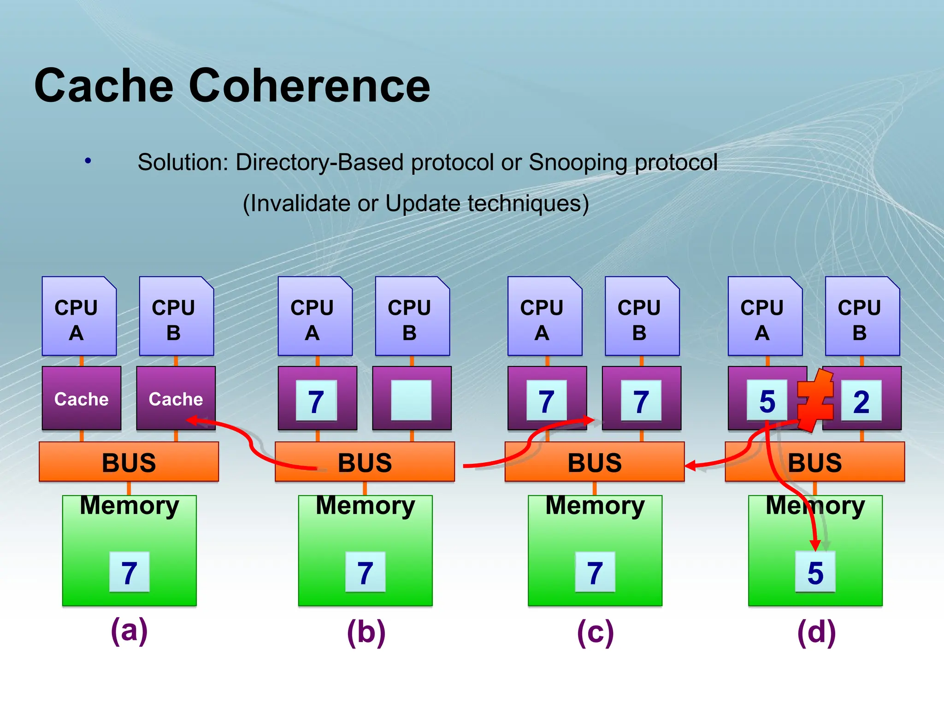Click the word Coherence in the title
coord(309,86)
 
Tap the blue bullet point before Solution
coord(88,161)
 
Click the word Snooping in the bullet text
coord(579,162)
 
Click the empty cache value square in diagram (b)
coord(411,400)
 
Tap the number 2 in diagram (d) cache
coord(861,401)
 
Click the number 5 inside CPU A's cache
coord(767,401)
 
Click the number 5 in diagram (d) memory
coord(815,572)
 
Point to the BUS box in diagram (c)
coord(594,462)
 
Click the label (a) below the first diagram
coord(130,631)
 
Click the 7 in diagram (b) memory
coord(365,572)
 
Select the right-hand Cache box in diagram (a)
coord(176,398)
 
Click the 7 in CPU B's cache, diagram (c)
coord(641,401)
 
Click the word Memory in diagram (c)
coord(595,506)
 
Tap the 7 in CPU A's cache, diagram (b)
coord(316,401)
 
